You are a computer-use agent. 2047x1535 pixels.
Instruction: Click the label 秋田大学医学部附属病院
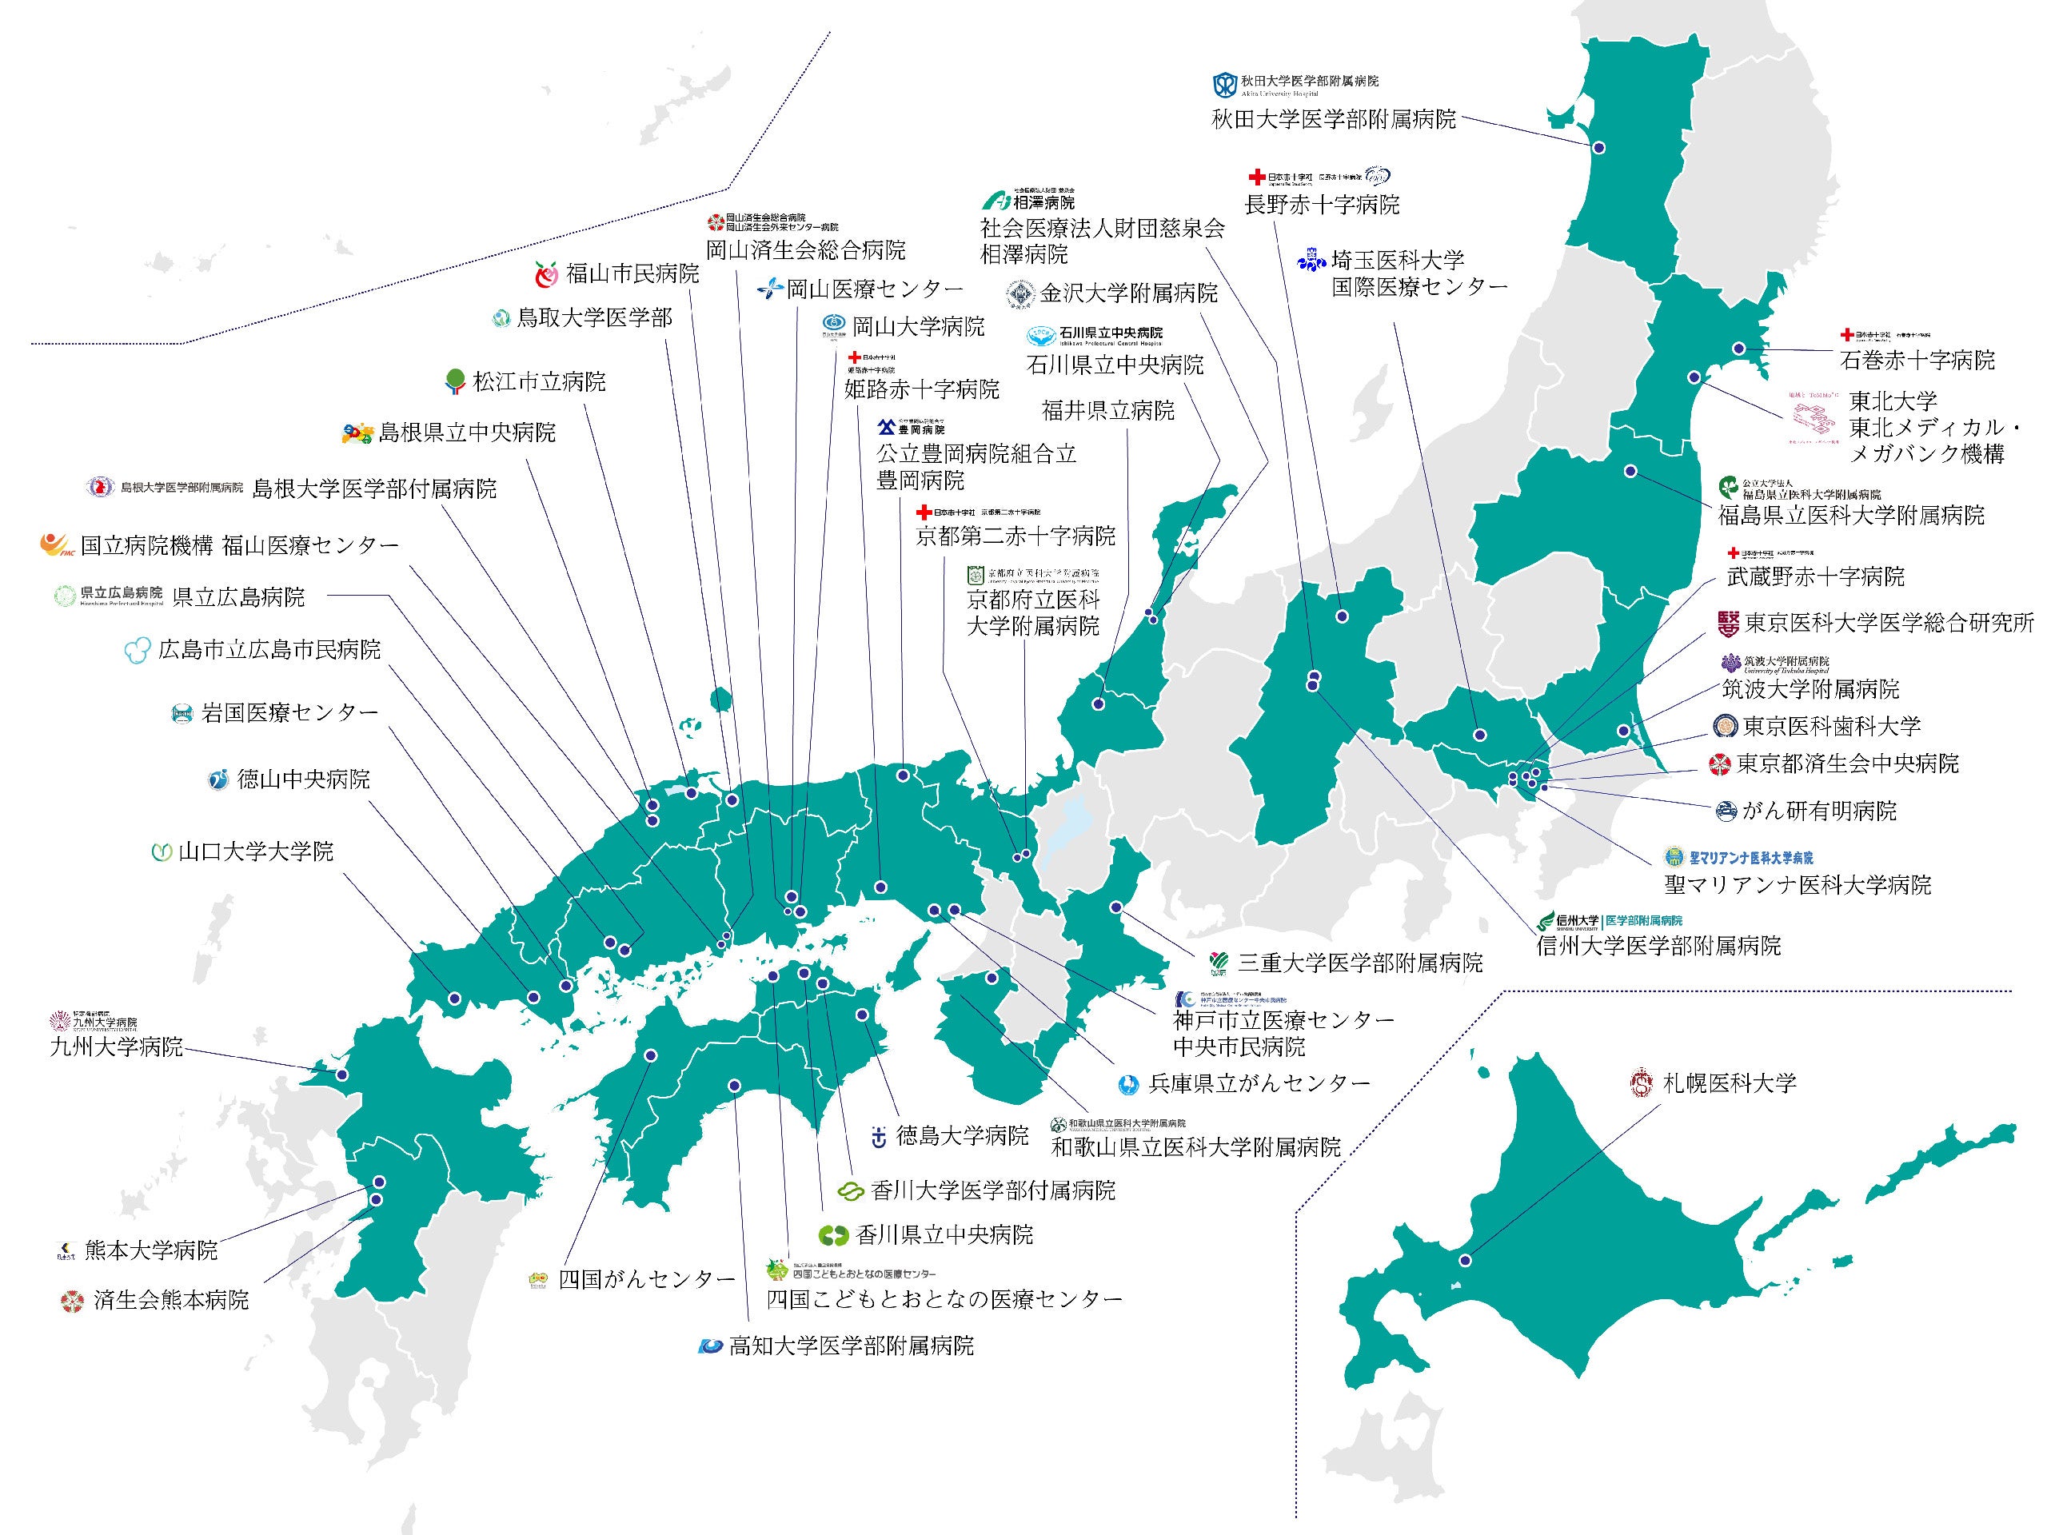tap(1334, 119)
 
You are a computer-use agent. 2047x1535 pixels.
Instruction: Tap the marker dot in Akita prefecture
tap(1598, 148)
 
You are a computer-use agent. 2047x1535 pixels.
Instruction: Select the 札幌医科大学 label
tap(1729, 1083)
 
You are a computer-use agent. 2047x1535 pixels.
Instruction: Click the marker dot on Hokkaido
tap(1465, 1260)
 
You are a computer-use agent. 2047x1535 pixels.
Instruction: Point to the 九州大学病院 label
tap(117, 1047)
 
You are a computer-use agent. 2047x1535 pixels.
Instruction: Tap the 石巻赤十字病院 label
tap(1917, 360)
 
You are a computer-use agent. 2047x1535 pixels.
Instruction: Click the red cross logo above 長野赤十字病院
tap(1255, 177)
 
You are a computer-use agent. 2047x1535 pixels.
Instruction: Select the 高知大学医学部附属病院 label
tap(852, 1346)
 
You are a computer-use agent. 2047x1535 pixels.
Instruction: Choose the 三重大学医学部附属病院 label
tap(1359, 963)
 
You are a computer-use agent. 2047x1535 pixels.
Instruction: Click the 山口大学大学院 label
tap(255, 851)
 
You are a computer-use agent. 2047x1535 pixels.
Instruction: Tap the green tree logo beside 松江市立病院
tap(454, 381)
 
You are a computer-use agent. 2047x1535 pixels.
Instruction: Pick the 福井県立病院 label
tap(1107, 410)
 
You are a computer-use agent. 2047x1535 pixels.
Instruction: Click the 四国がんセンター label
tap(647, 1280)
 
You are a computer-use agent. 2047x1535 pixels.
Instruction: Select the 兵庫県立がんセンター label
tap(1259, 1083)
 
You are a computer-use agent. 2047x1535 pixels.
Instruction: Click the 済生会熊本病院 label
tap(170, 1301)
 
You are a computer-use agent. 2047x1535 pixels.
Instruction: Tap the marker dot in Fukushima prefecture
tap(1630, 472)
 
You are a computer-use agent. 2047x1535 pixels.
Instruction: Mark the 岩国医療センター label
tap(289, 713)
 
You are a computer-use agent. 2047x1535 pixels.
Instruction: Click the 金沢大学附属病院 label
tap(1128, 294)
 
